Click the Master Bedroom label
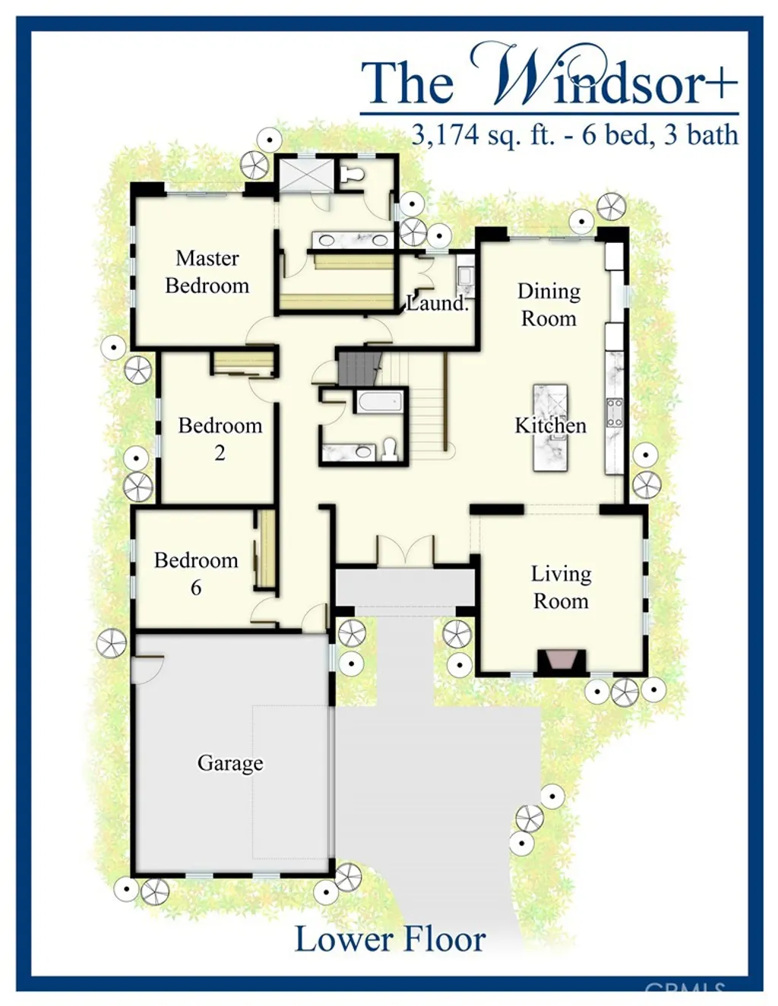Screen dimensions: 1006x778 [207, 272]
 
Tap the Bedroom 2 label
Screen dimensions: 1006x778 [220, 438]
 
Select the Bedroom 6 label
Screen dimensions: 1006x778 [196, 573]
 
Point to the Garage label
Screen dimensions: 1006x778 [230, 762]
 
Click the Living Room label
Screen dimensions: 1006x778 [561, 587]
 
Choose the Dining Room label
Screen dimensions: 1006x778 [549, 304]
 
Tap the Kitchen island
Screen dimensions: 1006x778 [550, 427]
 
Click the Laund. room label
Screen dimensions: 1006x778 [437, 304]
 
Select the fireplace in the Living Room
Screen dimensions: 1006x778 [562, 661]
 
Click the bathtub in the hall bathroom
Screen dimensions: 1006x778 [379, 401]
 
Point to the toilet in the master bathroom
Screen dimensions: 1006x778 [352, 175]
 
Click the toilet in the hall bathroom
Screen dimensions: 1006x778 [389, 449]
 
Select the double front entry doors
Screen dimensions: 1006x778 [405, 550]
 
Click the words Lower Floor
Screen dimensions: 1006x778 [390, 939]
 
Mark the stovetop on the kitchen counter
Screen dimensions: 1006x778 [614, 412]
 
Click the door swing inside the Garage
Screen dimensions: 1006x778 [147, 670]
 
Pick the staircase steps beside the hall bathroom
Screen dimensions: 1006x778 [427, 418]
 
